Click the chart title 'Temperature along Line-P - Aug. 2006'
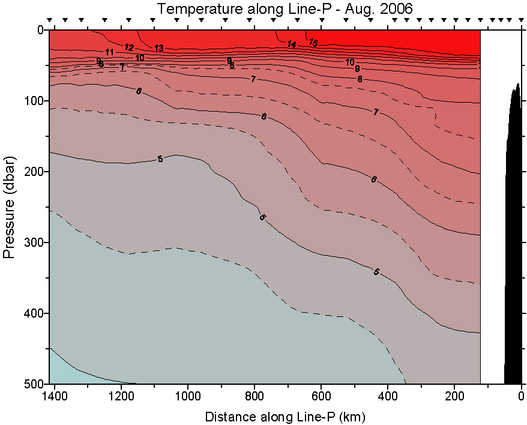(x=286, y=9)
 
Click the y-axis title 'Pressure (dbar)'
(x=8, y=206)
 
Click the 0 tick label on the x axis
(x=521, y=396)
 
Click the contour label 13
(x=158, y=48)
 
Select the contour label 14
(x=292, y=44)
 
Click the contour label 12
(x=129, y=47)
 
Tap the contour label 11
(x=109, y=53)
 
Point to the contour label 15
(x=313, y=43)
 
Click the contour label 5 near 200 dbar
(x=160, y=159)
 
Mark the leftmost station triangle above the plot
(x=50, y=20)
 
